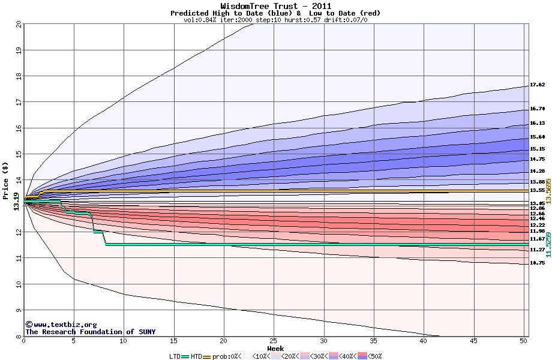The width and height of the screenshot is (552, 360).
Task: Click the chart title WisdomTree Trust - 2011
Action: coord(275,6)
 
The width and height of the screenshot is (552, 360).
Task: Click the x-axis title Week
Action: coord(275,349)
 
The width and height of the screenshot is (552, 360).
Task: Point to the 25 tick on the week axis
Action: coord(274,341)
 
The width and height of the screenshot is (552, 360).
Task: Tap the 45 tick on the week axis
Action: coord(473,341)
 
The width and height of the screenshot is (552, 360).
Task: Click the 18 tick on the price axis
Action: coord(19,76)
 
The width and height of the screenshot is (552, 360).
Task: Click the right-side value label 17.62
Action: coord(537,85)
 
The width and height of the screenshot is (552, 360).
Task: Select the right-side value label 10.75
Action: coord(537,263)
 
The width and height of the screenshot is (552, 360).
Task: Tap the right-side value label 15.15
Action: coord(537,149)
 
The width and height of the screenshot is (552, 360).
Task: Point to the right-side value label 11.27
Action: coord(537,250)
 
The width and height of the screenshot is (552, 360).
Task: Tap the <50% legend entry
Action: coord(371,356)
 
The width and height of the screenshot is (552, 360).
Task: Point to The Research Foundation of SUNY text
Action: coord(90,332)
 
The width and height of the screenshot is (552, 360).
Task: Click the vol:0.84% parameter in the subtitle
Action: coord(202,20)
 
